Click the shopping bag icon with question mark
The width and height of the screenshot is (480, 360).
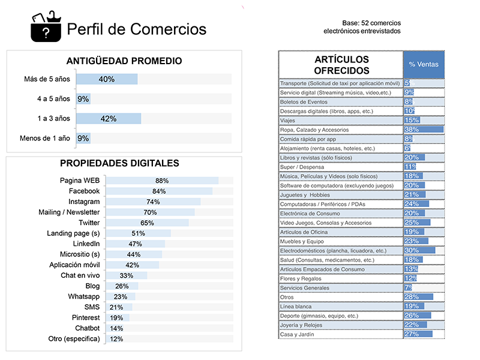(46, 27)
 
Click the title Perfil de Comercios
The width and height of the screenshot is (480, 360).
(137, 29)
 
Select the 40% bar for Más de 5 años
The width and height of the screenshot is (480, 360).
(107, 79)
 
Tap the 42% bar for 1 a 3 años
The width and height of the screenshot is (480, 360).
(109, 118)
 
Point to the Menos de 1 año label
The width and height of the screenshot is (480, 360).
(45, 138)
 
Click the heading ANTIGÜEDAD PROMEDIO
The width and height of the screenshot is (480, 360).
(124, 61)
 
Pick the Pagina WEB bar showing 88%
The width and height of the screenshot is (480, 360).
(161, 181)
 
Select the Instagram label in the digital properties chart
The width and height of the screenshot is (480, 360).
(84, 202)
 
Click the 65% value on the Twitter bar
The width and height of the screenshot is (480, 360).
(147, 223)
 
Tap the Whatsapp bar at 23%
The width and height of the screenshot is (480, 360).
(121, 296)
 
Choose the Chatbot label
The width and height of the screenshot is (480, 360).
(87, 328)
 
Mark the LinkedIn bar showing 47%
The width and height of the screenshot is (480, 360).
(135, 244)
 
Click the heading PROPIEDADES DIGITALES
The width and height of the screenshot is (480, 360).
(119, 163)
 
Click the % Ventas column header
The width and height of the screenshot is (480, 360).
(423, 64)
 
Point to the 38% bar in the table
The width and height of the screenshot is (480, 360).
(424, 129)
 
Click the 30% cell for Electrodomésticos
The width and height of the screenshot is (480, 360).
(419, 250)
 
